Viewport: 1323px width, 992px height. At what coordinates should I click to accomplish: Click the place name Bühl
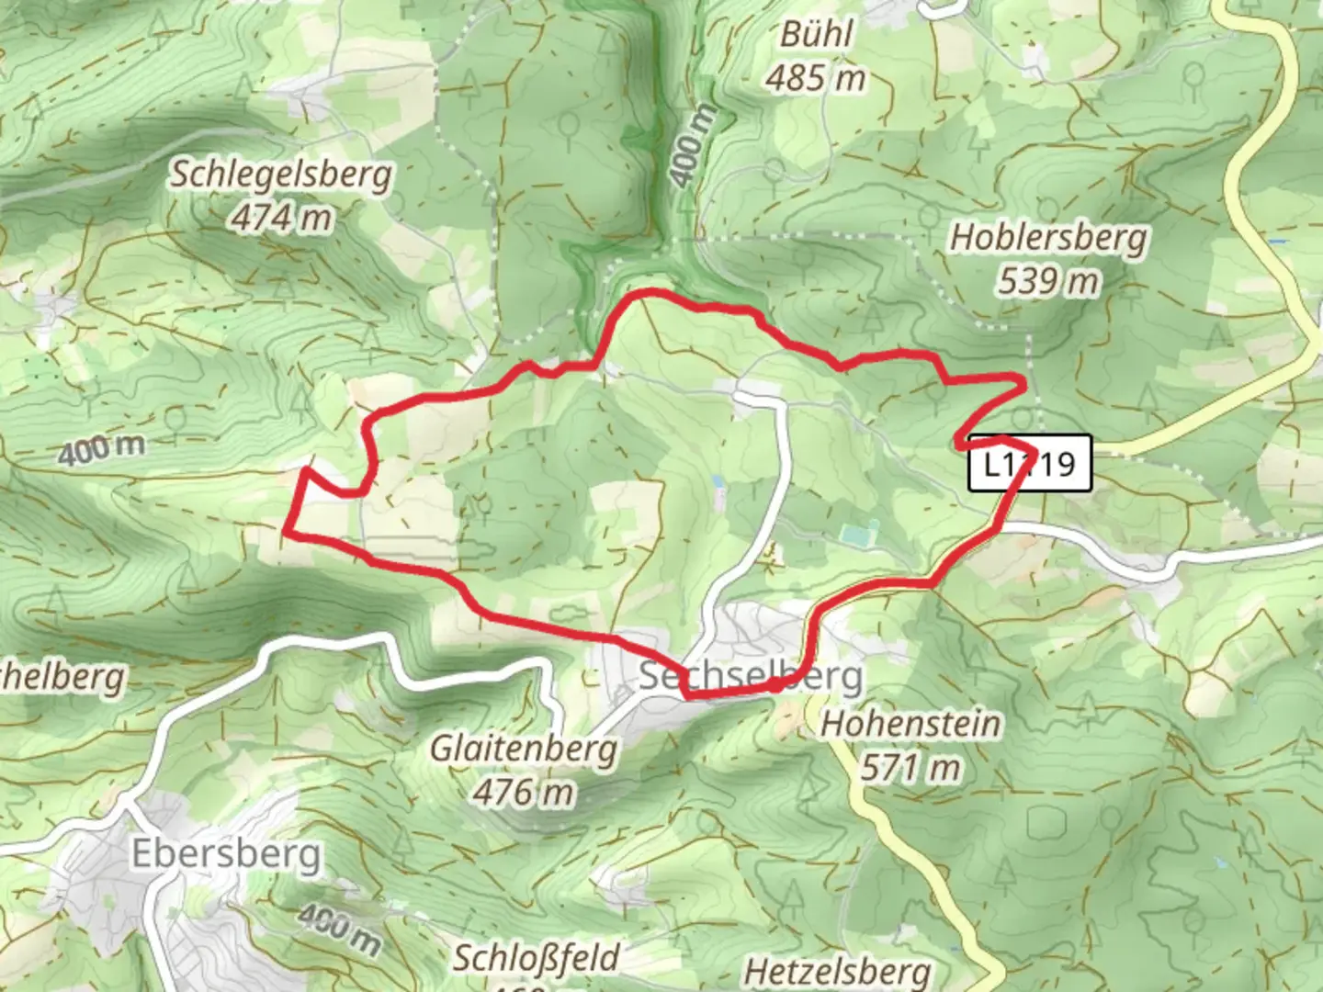click(816, 35)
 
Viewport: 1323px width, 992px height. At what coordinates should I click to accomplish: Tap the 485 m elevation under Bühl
click(815, 78)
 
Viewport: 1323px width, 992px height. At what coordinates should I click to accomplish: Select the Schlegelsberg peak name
click(280, 174)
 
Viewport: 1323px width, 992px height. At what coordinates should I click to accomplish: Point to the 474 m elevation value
click(281, 218)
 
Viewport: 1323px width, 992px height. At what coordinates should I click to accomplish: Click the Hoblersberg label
click(1048, 237)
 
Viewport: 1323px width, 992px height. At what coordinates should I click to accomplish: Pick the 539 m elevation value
click(1048, 280)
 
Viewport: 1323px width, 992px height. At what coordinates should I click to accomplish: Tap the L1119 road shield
click(1030, 463)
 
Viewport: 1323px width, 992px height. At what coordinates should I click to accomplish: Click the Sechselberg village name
click(751, 676)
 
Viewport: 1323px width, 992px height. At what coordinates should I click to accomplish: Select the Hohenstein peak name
click(910, 724)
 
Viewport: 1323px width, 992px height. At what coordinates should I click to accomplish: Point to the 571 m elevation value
click(910, 767)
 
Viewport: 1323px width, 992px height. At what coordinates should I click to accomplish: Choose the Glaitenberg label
click(524, 749)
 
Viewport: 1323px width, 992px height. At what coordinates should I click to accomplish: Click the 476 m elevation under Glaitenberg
click(524, 791)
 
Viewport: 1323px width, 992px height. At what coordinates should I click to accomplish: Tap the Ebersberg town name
click(227, 853)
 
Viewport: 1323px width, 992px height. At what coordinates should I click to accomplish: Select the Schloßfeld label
click(537, 958)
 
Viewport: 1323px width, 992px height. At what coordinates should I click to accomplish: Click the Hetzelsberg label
click(837, 971)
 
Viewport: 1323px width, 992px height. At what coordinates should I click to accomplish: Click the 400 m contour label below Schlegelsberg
click(101, 449)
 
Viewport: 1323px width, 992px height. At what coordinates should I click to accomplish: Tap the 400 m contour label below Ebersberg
click(339, 928)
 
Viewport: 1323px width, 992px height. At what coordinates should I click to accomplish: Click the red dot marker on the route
click(775, 684)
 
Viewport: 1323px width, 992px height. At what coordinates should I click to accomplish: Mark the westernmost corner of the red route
click(287, 532)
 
